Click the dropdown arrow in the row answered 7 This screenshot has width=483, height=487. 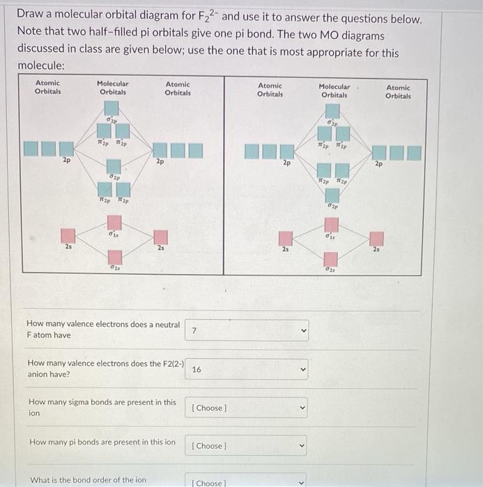coord(302,330)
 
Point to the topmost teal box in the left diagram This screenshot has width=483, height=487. coord(112,108)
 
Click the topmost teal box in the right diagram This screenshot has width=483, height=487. coord(333,111)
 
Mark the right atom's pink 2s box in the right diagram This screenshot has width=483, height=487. coord(377,239)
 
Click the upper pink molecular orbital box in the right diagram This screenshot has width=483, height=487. coord(333,225)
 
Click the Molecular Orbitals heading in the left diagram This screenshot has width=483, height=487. coord(112,88)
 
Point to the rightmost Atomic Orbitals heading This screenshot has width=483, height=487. coord(398,92)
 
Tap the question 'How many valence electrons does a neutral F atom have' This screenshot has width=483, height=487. coord(102,330)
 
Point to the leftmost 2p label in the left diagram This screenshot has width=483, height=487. coord(66,160)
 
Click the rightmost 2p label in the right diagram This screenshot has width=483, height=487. coord(378,164)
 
